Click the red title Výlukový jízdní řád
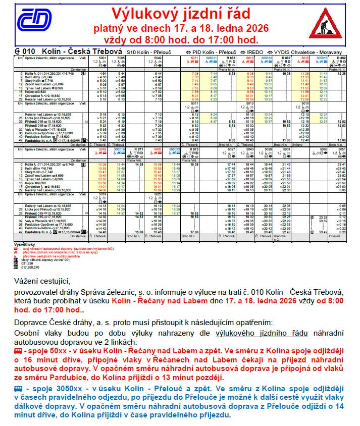click(181, 13)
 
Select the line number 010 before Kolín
click(29, 51)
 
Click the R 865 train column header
click(231, 58)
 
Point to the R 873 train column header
click(193, 150)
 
